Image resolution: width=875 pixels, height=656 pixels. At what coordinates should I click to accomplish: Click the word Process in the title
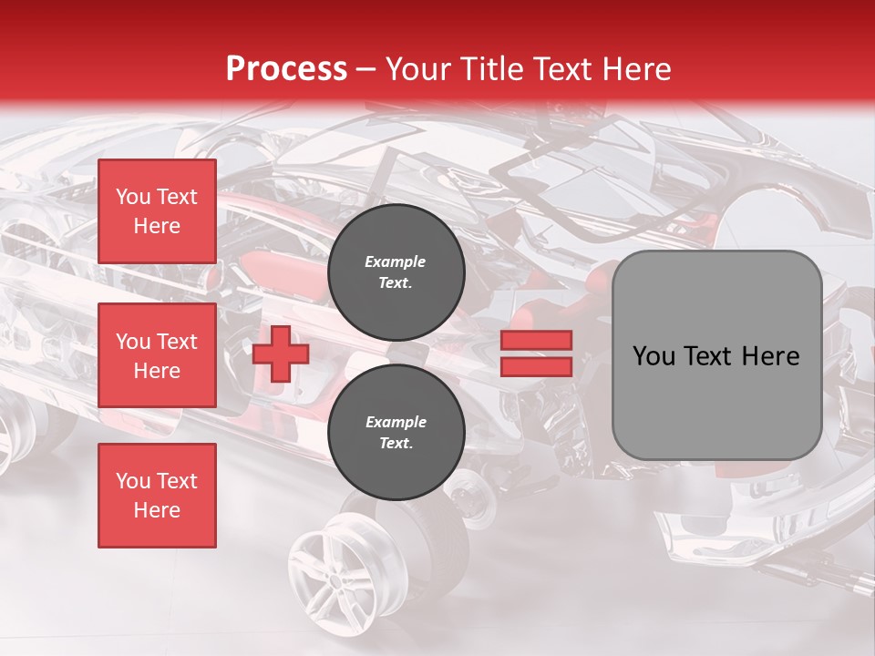click(286, 69)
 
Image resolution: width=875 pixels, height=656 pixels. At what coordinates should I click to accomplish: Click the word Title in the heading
click(488, 69)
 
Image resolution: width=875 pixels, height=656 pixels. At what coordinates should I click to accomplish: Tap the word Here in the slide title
click(631, 69)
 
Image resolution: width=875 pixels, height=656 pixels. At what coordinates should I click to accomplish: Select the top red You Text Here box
click(157, 211)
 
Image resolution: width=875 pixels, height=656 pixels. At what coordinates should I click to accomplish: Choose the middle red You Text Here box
click(157, 355)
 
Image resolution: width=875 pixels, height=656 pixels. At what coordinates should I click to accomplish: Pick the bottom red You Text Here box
click(157, 496)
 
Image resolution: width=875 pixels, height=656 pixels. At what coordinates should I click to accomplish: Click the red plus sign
click(281, 354)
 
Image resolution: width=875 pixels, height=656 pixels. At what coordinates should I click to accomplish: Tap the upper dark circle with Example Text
click(396, 272)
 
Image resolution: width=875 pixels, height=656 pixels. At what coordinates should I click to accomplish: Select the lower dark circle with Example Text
click(396, 433)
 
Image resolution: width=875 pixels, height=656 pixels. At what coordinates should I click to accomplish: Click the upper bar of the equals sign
click(536, 341)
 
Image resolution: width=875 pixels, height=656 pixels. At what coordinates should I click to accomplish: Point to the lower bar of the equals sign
click(536, 366)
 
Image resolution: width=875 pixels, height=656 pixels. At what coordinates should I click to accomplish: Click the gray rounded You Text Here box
click(716, 354)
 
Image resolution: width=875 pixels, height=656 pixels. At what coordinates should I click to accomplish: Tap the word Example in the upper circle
click(396, 261)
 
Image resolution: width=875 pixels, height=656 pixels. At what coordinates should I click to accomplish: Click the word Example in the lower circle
click(396, 422)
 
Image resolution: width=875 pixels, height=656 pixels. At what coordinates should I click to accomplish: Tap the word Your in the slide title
click(416, 69)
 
